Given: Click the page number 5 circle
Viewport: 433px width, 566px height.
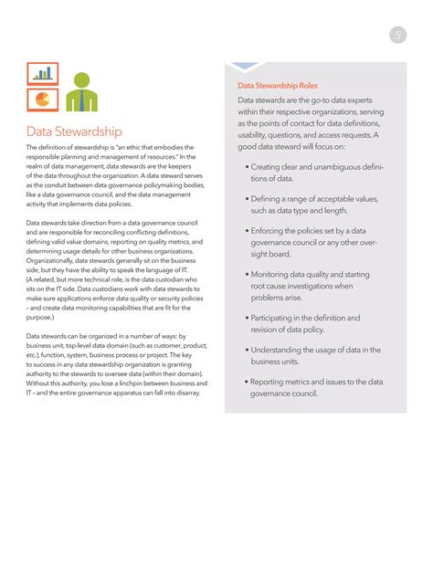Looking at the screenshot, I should coord(398,36).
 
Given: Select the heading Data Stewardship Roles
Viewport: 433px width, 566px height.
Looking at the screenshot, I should coord(278,85).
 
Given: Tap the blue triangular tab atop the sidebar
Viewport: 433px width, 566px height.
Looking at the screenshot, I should coord(247,67).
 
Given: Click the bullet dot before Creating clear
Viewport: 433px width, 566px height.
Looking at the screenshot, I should coord(248,167).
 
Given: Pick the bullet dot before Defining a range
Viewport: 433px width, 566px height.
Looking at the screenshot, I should coord(248,198).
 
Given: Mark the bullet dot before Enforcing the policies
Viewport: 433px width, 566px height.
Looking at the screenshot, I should coord(248,231).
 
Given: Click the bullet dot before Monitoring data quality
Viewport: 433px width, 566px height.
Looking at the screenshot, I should coord(248,274).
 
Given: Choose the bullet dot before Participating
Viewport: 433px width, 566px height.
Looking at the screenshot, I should coord(248,318).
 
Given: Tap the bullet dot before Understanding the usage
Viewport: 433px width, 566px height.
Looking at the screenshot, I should coord(248,350).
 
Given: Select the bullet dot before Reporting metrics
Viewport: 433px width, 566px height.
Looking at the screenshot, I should coord(248,382).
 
